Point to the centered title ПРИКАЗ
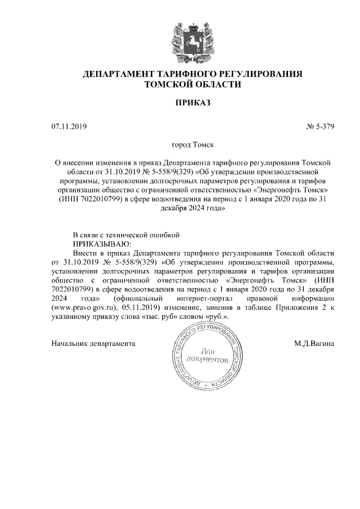[x=193, y=103]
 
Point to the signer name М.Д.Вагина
[x=317, y=343]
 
